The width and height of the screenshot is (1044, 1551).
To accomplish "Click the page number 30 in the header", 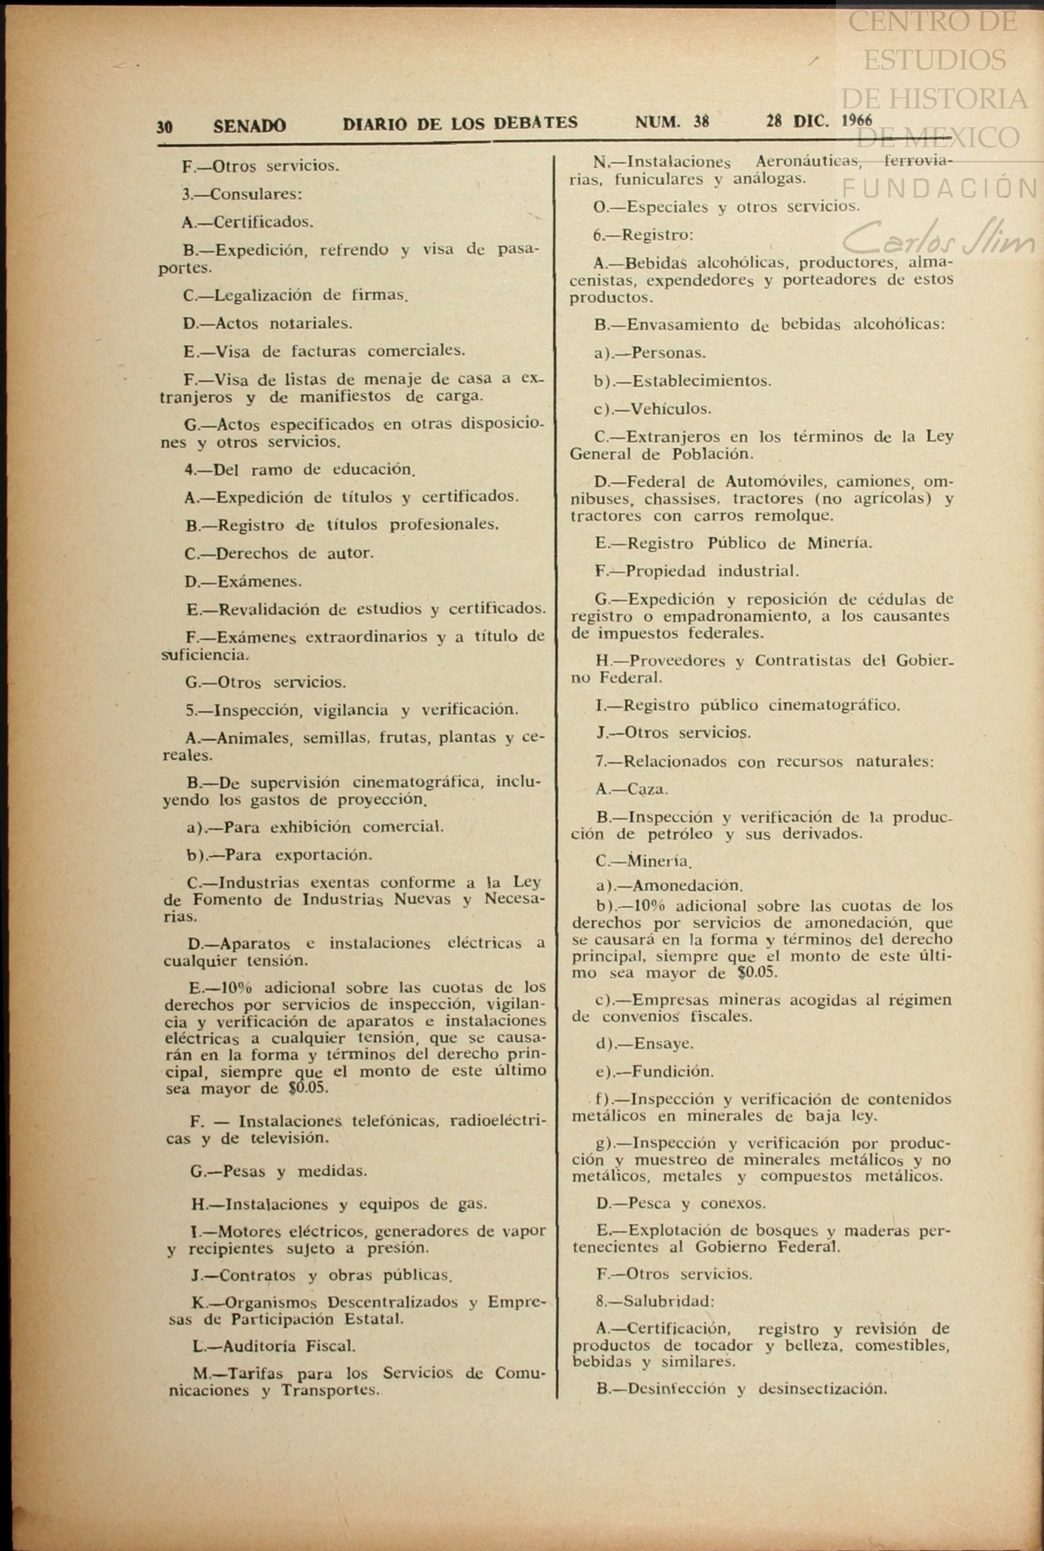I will coord(164,127).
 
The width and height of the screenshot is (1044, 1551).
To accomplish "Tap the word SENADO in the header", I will coord(250,126).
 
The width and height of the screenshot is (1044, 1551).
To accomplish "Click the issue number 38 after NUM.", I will coord(701,122).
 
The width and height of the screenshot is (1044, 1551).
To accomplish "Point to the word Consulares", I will coord(256,194).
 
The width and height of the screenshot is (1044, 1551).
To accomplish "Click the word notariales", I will coord(310,323).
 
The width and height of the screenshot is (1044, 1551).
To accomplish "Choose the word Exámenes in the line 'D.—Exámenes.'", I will coord(259,581).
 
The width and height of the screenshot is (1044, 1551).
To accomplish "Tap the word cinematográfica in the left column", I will coord(421,783).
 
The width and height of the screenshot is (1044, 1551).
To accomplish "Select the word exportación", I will coord(323,855).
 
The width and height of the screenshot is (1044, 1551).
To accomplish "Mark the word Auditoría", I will coord(262,1345).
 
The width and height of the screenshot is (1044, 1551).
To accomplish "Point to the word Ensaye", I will coord(663,1044).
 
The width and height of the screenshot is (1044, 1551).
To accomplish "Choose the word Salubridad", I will coord(668,1301).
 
